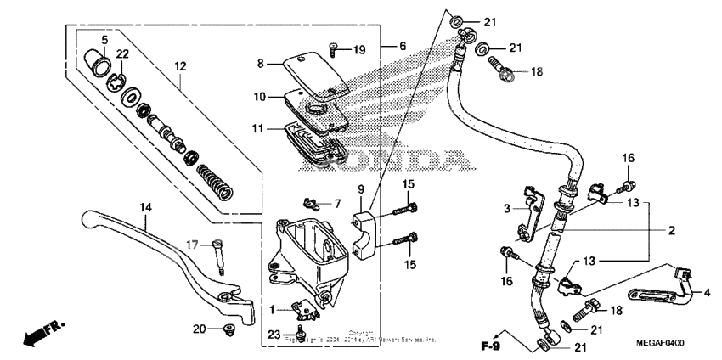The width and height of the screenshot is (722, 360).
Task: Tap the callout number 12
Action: pyautogui.click(x=179, y=67)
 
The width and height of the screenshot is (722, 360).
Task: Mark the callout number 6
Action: pyautogui.click(x=403, y=45)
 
